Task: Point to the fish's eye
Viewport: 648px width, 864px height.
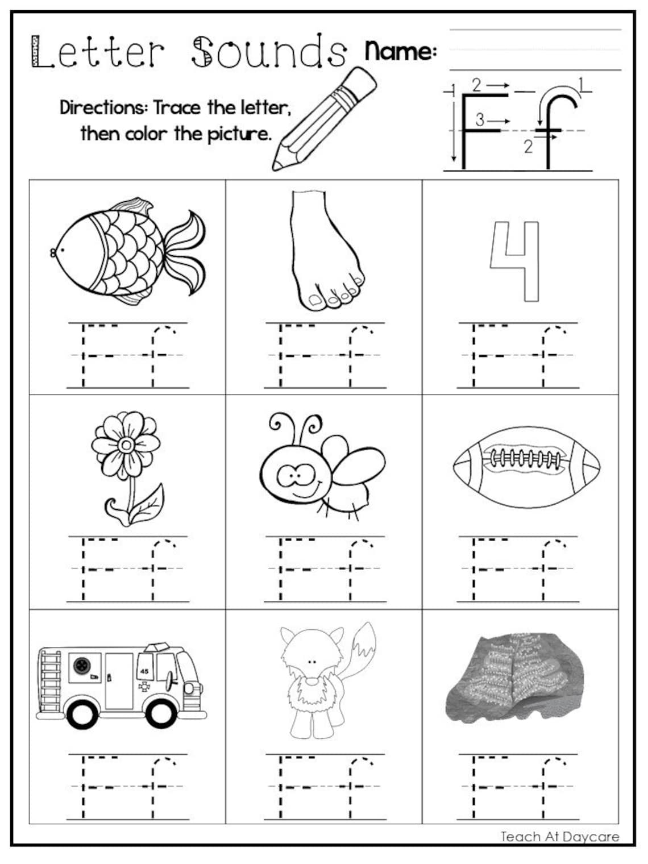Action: pos(62,248)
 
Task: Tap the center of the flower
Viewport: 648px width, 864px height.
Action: pos(126,443)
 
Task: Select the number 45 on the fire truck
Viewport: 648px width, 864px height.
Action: pos(144,671)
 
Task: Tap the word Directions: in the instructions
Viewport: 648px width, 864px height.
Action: pos(103,107)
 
